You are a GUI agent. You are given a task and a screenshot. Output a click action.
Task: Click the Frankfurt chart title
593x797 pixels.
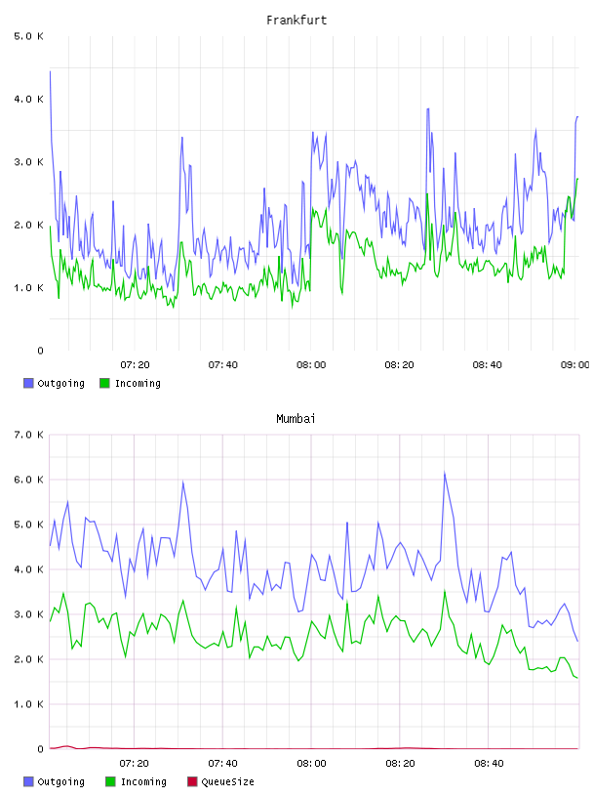[x=296, y=21]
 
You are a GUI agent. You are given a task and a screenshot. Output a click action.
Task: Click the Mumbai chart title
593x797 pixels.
[x=296, y=419]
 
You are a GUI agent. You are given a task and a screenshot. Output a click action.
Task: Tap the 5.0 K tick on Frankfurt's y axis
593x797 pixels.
[x=29, y=36]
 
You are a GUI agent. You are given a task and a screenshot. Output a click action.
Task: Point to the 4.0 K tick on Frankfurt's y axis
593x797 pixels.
[x=29, y=99]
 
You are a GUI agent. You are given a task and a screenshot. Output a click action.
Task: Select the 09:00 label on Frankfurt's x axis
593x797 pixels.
[x=574, y=365]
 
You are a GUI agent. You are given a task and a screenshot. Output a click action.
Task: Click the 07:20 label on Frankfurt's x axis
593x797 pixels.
[x=135, y=365]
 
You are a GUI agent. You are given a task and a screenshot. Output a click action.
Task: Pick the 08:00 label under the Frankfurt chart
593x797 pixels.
[x=311, y=365]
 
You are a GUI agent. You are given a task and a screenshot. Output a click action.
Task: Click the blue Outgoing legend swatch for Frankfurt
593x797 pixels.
[x=28, y=383]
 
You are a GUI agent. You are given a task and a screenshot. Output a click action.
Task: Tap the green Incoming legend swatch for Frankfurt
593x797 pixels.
[x=104, y=383]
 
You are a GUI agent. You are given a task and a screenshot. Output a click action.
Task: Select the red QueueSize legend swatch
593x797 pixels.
[x=192, y=781]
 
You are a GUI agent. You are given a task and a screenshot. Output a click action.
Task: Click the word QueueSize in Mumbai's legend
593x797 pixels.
[x=228, y=781]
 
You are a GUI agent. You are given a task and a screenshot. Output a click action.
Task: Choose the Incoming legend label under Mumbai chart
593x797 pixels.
[x=143, y=781]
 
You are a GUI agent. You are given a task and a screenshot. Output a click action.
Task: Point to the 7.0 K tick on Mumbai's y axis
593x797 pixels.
[x=29, y=435]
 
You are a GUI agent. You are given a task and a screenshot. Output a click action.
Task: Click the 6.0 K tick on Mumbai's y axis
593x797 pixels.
[x=29, y=480]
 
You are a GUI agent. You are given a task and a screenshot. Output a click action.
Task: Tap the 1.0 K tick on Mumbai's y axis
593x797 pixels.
[x=29, y=704]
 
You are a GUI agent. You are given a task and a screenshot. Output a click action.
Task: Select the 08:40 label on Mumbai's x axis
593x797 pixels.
[x=489, y=764]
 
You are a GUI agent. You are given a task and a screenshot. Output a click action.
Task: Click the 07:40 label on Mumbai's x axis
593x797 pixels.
[x=223, y=764]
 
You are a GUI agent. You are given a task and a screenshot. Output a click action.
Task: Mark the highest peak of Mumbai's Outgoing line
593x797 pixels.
[x=445, y=473]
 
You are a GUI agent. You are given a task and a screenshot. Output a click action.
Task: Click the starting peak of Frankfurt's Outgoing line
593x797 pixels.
[x=50, y=71]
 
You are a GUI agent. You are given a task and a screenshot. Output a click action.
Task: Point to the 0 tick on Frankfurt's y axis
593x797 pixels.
[x=41, y=351]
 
